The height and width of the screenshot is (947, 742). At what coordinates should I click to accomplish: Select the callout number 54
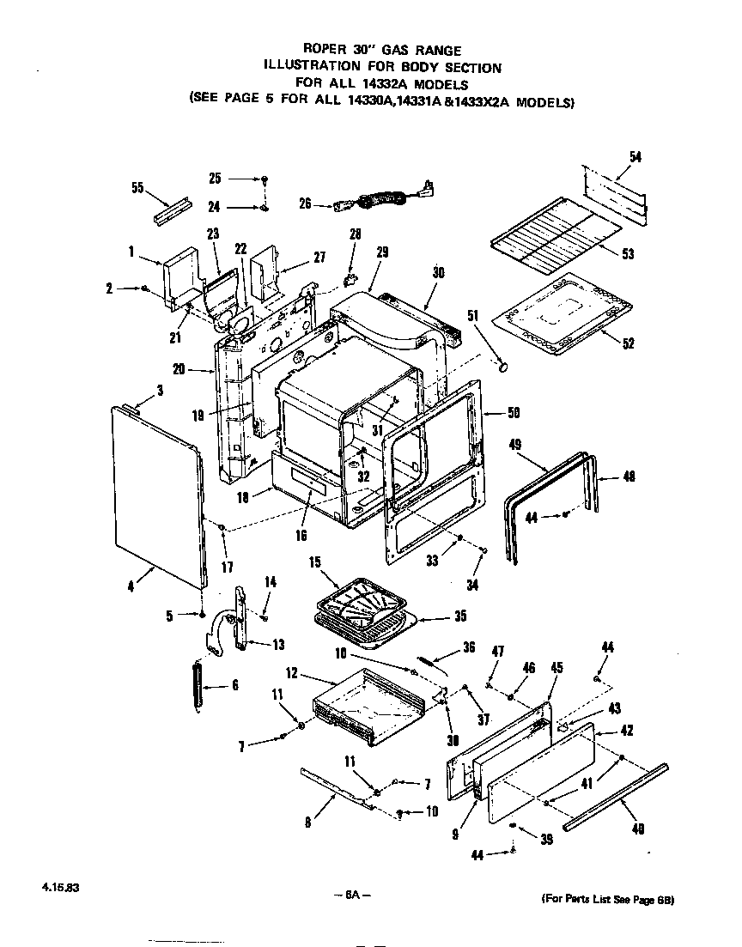pyautogui.click(x=635, y=156)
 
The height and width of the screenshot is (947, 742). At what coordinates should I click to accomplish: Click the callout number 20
pyautogui.click(x=179, y=370)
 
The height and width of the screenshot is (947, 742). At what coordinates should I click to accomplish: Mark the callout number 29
pyautogui.click(x=382, y=252)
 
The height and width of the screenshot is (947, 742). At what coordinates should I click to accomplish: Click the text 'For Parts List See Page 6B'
pyautogui.click(x=607, y=900)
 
